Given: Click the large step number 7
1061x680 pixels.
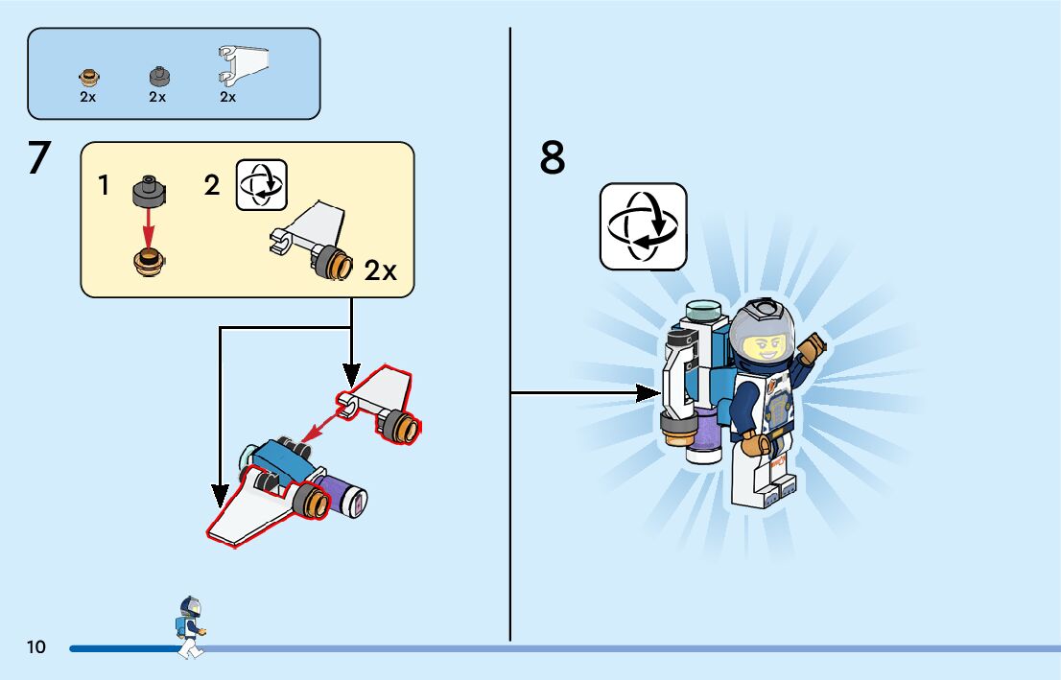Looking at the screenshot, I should point(38,158).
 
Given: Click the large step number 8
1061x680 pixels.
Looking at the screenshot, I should point(553,158).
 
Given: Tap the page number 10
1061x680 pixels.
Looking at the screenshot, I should point(36,647).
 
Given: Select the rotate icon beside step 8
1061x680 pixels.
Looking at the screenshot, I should point(643,226).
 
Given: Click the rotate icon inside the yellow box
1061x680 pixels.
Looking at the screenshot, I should point(262,184).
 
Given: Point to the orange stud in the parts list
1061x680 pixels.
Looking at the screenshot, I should point(88,77).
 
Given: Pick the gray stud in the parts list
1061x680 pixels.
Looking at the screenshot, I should point(157,76).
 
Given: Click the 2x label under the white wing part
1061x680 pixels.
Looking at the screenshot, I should point(227,97).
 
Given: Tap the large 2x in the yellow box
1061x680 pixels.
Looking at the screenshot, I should point(380,271).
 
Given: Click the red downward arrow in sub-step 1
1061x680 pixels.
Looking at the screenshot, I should point(149,225).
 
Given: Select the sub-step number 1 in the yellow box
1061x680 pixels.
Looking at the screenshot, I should point(104,186).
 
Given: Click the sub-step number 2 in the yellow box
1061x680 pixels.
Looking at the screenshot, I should point(212,186).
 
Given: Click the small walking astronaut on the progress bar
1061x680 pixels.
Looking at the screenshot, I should point(190,626).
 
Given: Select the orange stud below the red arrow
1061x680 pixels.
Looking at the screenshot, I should point(149,259).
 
